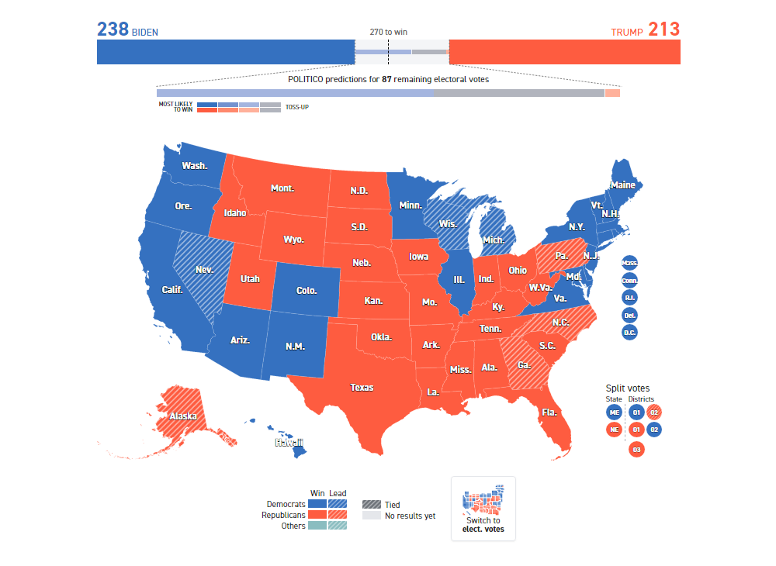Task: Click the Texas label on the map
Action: (362, 388)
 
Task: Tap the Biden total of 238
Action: (113, 29)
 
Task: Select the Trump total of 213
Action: (663, 29)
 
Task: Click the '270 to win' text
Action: (388, 33)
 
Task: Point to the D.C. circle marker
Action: (629, 332)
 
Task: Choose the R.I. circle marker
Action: (629, 298)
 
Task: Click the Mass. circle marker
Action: (629, 264)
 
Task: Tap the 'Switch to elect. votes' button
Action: (483, 509)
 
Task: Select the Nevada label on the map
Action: (204, 270)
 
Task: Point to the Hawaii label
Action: (289, 443)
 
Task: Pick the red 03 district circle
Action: (636, 449)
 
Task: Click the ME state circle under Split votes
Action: (614, 412)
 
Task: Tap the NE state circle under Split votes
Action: (614, 430)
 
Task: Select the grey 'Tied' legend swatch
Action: (371, 505)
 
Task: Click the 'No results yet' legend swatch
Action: (371, 516)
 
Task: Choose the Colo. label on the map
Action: (307, 291)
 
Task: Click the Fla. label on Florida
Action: (549, 412)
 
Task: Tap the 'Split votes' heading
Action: (628, 388)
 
